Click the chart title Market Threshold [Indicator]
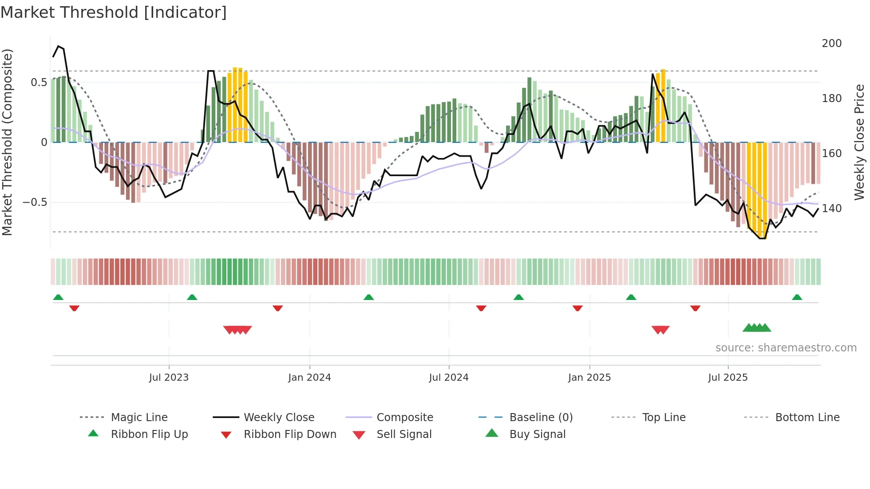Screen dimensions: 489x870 [x=114, y=12]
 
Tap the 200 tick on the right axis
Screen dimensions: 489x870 [x=831, y=43]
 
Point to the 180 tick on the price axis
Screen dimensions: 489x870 [x=831, y=99]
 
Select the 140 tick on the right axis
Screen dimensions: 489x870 [x=831, y=209]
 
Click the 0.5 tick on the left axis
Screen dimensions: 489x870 [x=39, y=83]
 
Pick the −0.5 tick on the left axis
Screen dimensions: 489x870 [x=35, y=202]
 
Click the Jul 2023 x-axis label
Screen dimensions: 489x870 [x=169, y=378]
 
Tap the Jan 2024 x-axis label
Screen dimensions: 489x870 [x=309, y=378]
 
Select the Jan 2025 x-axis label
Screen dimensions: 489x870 [x=589, y=378]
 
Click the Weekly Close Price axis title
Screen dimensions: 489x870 [x=859, y=142]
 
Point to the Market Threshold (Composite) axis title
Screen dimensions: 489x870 [x=7, y=142]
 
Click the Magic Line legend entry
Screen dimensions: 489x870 [x=139, y=418]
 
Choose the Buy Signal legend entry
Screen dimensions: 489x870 [x=537, y=434]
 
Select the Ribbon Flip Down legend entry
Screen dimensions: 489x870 [x=290, y=434]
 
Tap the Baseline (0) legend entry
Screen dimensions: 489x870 [x=541, y=418]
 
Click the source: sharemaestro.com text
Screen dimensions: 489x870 [x=786, y=348]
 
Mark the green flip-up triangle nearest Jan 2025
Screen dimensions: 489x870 [x=631, y=297]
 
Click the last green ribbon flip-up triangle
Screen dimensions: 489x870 [x=797, y=297]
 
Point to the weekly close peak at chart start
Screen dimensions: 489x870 [x=59, y=46]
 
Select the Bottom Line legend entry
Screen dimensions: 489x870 [x=807, y=418]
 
